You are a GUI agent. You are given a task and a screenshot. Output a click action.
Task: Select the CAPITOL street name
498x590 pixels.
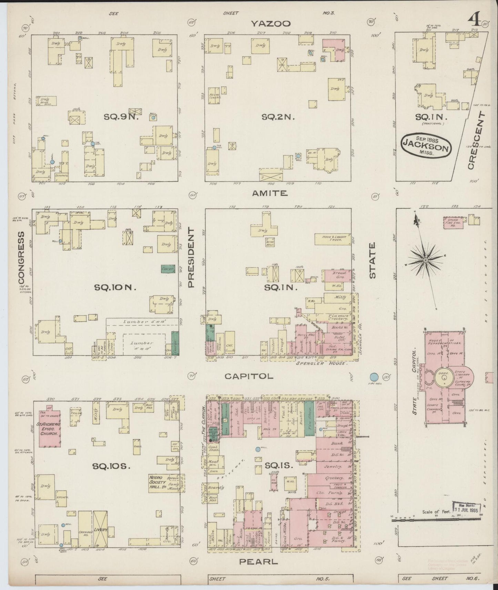coord(249,376)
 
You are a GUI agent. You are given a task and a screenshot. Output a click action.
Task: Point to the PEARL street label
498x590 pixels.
coord(258,562)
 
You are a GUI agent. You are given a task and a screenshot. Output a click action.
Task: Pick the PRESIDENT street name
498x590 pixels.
coord(191,257)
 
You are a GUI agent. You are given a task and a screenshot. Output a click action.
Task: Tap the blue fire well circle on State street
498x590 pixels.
coord(374,377)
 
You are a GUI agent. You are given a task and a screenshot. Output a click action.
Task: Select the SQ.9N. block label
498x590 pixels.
coord(121,117)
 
